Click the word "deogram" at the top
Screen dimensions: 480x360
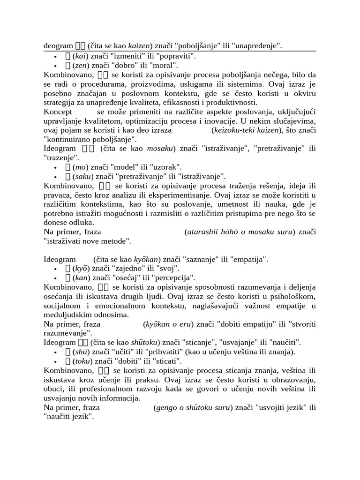[58, 46]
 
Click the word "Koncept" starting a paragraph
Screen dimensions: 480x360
[58, 112]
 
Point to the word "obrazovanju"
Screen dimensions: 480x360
[294, 379]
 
